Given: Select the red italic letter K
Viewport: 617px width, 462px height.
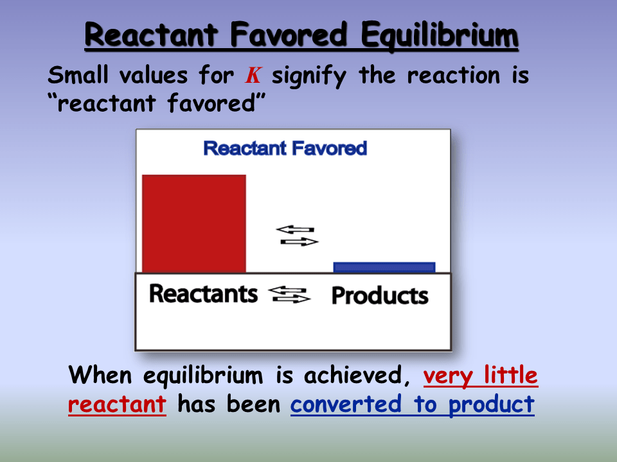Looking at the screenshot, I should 253,76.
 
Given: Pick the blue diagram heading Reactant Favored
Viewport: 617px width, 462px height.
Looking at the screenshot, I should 285,148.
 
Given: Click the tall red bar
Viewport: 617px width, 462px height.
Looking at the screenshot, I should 194,224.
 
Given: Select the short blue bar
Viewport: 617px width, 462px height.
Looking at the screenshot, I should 384,267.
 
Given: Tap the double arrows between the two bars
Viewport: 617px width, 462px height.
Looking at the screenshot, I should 296,235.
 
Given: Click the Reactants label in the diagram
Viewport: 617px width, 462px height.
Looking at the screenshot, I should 203,294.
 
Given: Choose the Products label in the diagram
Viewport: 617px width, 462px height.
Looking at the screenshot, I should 379,296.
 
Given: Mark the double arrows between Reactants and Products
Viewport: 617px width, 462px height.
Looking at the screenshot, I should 289,295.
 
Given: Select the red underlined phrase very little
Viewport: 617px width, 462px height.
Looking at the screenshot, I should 480,374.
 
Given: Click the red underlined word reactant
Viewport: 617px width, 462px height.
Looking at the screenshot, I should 117,405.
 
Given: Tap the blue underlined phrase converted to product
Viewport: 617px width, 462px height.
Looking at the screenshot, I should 412,405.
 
